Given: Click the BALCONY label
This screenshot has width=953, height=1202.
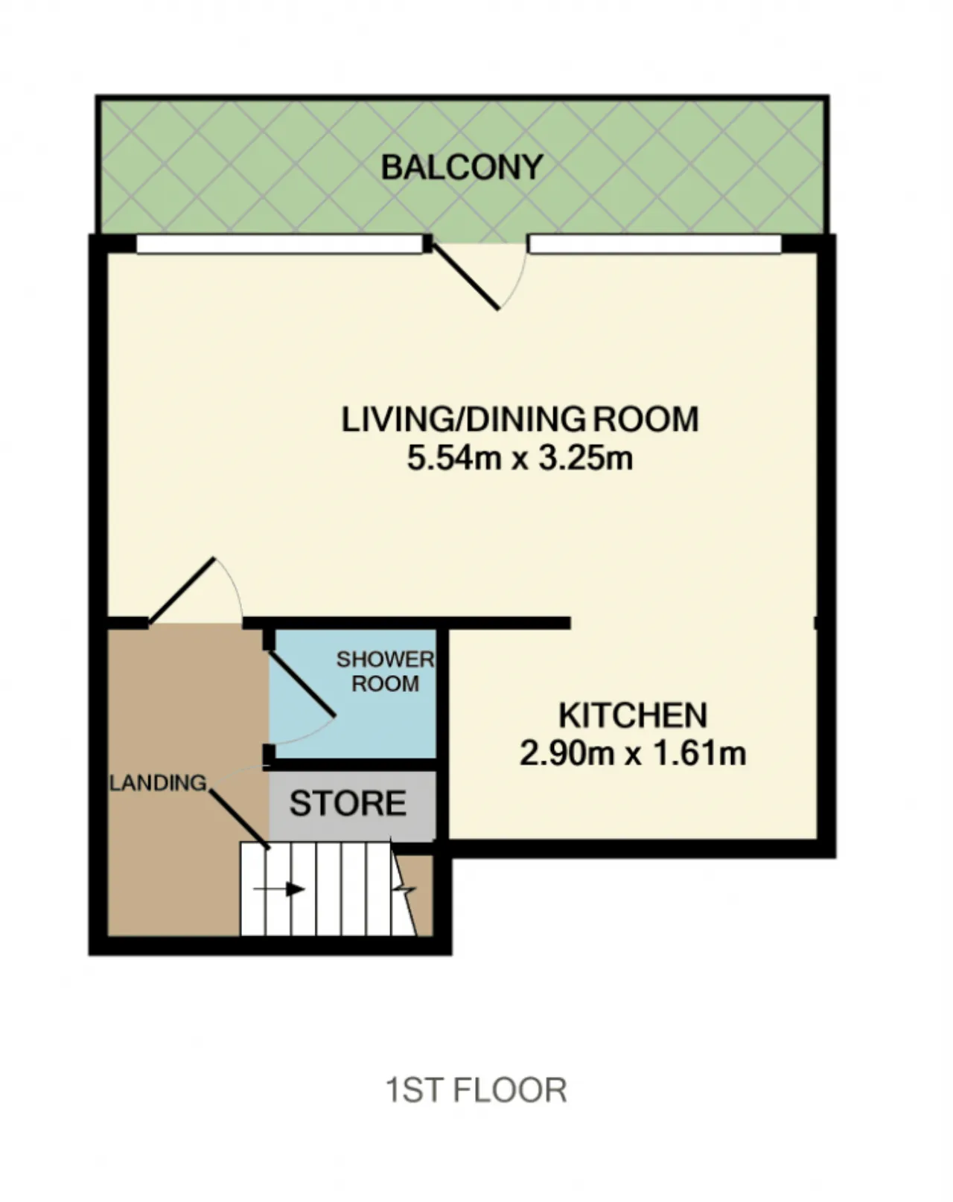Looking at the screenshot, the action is (462, 167).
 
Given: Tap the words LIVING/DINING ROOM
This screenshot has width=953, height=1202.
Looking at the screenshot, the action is (520, 420).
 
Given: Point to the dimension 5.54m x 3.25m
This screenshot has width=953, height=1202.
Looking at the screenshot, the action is (520, 458).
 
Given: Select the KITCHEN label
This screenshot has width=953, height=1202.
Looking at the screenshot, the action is (633, 715).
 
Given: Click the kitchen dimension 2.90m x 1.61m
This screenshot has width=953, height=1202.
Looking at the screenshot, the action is (633, 753).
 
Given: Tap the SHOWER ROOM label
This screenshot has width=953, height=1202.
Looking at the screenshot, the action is (385, 671).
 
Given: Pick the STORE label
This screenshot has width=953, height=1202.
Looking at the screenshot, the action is (348, 803).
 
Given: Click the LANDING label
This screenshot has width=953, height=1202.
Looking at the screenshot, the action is (158, 783).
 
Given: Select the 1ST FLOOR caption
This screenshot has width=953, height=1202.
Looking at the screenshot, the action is (476, 1090).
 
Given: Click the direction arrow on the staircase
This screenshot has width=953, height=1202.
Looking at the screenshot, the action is (279, 889).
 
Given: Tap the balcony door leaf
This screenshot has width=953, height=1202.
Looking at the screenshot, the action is (465, 276).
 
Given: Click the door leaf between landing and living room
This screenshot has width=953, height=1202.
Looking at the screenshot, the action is (182, 590).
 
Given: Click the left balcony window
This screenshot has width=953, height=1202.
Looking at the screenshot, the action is (279, 244).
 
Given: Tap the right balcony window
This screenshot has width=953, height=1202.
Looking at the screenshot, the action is (654, 244).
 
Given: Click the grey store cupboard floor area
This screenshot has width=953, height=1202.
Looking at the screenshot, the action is (352, 806).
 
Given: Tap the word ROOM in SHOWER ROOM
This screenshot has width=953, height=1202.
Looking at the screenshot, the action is (385, 684).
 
